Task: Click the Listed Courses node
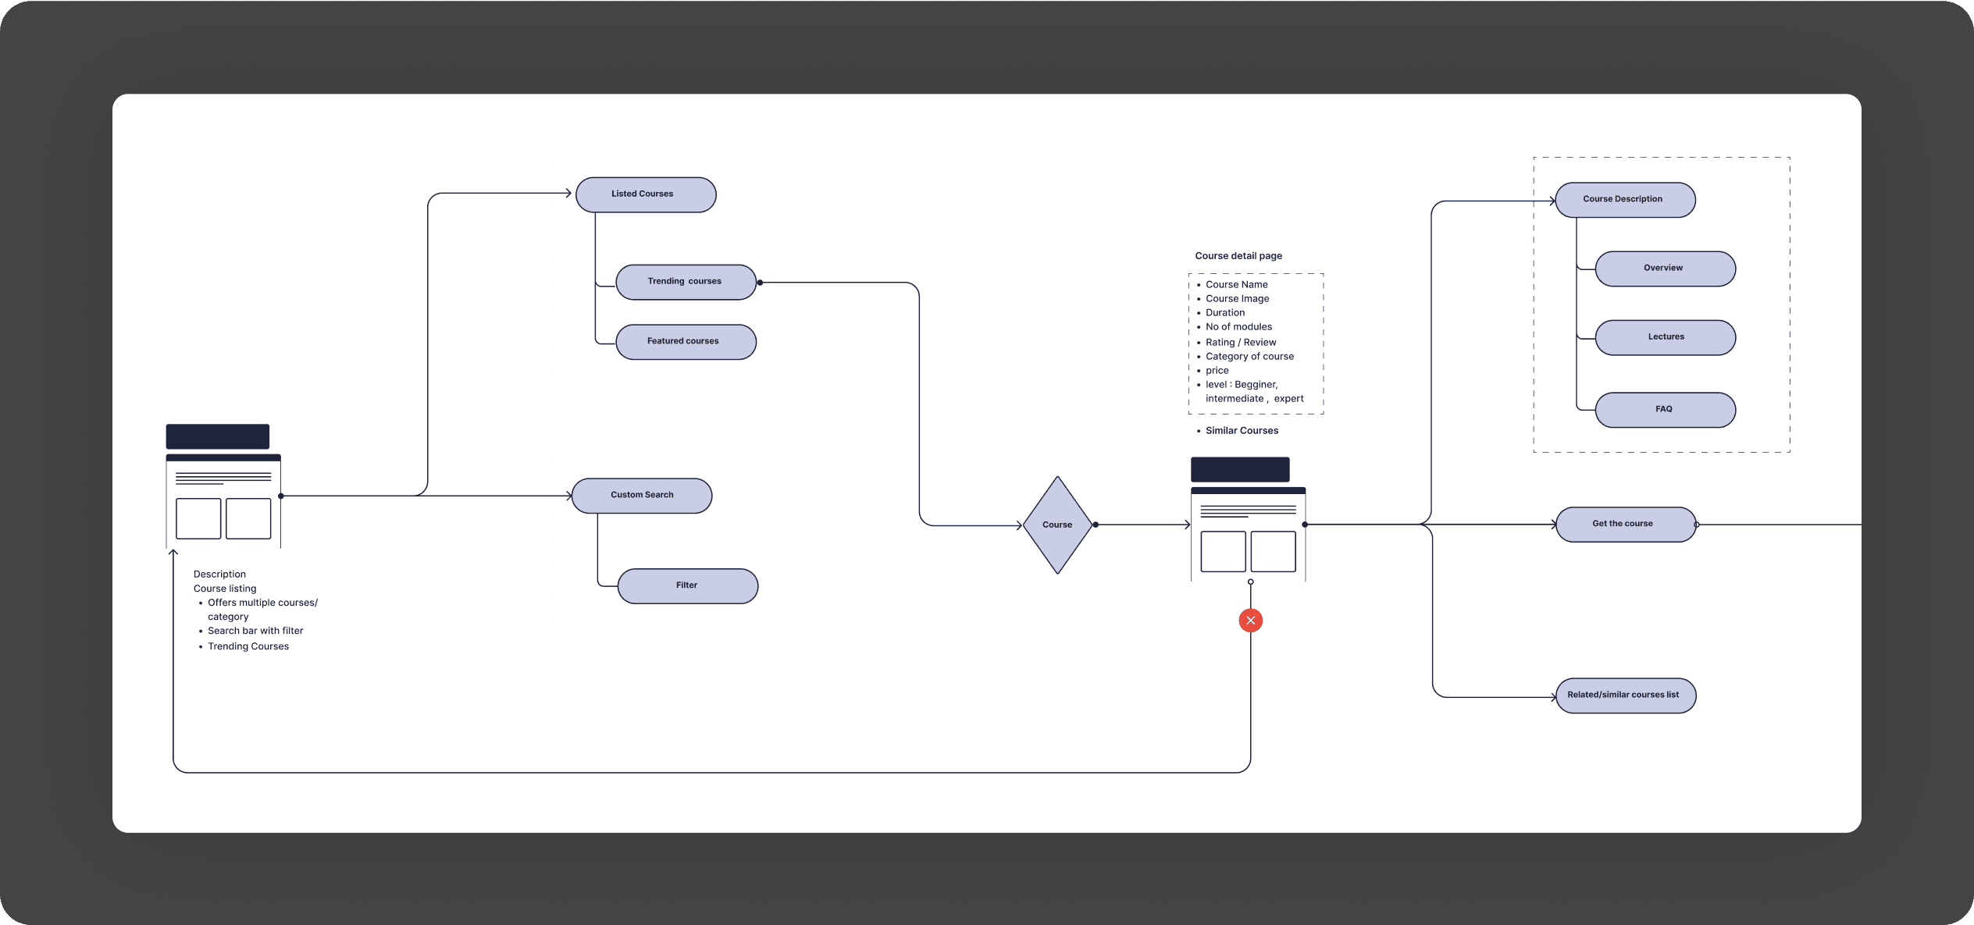(646, 194)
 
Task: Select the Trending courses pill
(686, 282)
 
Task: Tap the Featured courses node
(686, 342)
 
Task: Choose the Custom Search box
(642, 496)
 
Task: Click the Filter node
(687, 585)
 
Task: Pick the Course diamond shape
(1057, 525)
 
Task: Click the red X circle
(1250, 621)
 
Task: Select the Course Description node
(1625, 200)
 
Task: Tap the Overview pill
(1665, 269)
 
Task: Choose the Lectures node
(1665, 337)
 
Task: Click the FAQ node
(1665, 410)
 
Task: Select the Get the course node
(1625, 524)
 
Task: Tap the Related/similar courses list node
(1625, 696)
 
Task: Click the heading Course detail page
(1238, 256)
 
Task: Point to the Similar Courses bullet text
(1242, 431)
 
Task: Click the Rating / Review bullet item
(1241, 342)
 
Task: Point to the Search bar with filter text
(255, 631)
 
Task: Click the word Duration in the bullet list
(1225, 313)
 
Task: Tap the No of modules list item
(1238, 327)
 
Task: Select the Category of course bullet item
(1249, 357)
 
